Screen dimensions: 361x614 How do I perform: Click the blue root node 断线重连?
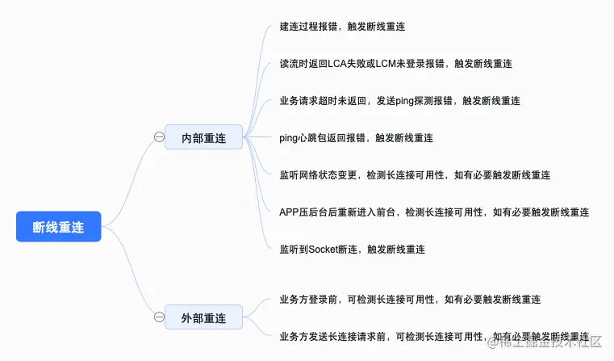tap(59, 227)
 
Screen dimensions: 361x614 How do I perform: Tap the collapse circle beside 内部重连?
tap(159, 138)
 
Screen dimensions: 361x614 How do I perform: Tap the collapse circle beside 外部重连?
tap(159, 317)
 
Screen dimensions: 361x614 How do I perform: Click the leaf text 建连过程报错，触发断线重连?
tap(342, 27)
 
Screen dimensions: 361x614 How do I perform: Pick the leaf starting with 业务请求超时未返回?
tap(399, 101)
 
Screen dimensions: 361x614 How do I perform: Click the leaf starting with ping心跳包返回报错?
tap(356, 138)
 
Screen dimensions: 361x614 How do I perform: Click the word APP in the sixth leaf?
tap(290, 212)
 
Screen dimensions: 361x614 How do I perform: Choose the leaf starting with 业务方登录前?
tap(409, 300)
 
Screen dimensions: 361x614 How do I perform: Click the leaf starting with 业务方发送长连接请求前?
tap(433, 337)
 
